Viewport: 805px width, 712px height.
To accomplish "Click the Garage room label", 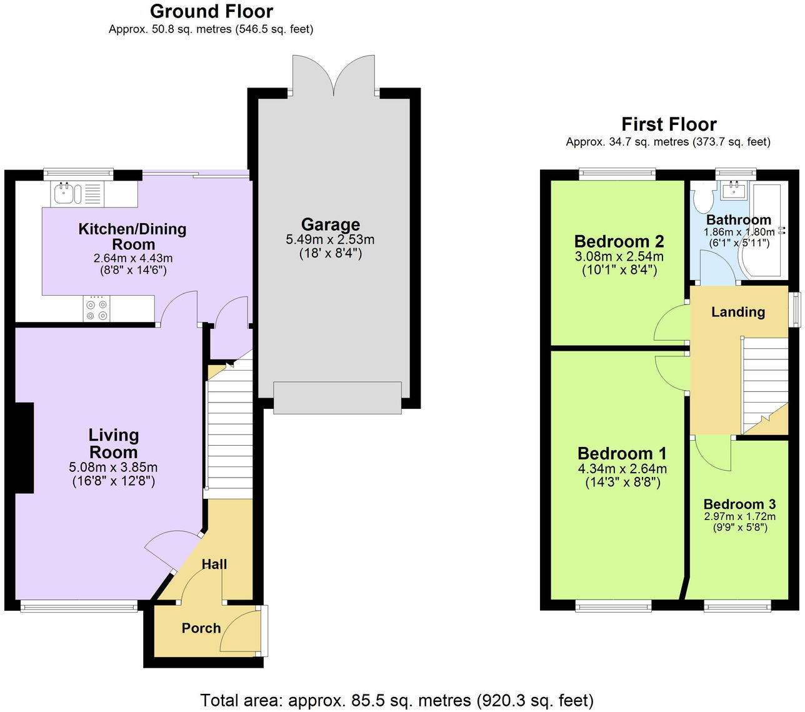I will pyautogui.click(x=330, y=224).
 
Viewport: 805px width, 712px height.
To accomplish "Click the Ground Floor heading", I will pyautogui.click(x=211, y=11).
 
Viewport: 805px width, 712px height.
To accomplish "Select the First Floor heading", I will pyautogui.click(x=668, y=124).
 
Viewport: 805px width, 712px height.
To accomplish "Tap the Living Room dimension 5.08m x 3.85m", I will pyautogui.click(x=113, y=467).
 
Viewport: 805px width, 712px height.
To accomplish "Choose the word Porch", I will pyautogui.click(x=201, y=628).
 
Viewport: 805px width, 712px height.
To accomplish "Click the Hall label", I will pyautogui.click(x=214, y=564).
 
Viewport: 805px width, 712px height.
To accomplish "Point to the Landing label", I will pyautogui.click(x=737, y=312).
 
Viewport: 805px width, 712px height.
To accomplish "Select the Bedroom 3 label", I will pyautogui.click(x=739, y=504).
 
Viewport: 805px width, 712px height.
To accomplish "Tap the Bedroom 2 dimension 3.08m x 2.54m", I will pyautogui.click(x=619, y=256).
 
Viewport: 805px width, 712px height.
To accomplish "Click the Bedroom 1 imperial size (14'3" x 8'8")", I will pyautogui.click(x=622, y=482).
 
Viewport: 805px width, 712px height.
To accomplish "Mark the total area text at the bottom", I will pyautogui.click(x=397, y=700).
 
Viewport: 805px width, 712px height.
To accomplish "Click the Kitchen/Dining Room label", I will pyautogui.click(x=132, y=236).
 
